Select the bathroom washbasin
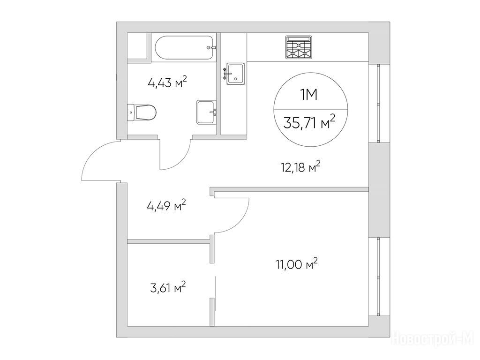pos(207,112)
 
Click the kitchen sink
pos(234,74)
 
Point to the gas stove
pos(299,47)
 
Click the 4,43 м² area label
pos(167,82)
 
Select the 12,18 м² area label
pos(300,167)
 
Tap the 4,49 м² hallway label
pos(166,205)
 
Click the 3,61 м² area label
pos(168,288)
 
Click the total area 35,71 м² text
pos(309,122)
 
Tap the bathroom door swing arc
pos(183,159)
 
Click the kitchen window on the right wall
pos(379,103)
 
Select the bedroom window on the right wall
pos(379,277)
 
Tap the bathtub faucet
pos(211,48)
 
